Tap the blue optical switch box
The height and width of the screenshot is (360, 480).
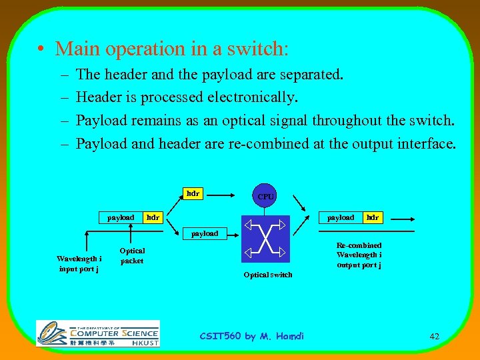265,239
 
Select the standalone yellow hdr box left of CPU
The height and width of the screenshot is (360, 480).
193,193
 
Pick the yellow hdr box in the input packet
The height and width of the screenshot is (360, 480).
153,217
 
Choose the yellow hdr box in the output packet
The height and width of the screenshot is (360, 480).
373,217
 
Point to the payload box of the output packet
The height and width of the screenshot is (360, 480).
341,217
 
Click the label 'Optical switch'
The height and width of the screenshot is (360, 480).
267,275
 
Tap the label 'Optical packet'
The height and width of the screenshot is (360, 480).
131,256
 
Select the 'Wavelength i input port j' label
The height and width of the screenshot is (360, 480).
79,263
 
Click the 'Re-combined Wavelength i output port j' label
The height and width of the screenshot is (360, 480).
359,255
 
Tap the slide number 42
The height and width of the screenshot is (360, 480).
434,337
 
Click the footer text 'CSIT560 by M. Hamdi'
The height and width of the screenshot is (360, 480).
251,336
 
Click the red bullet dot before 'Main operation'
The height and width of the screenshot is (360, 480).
41,49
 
